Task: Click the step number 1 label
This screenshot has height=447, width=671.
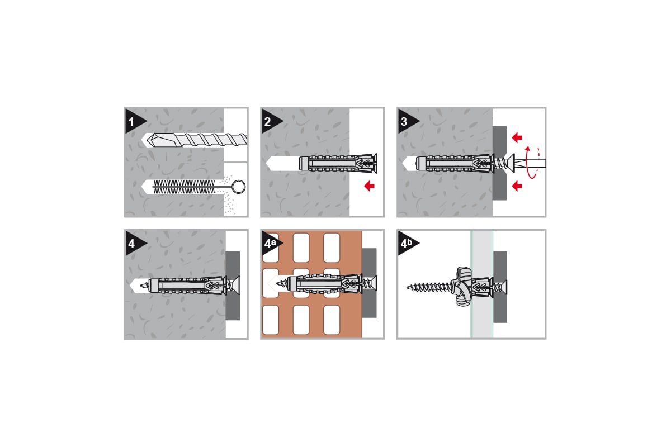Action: point(131,122)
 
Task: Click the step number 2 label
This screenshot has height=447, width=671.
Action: point(267,122)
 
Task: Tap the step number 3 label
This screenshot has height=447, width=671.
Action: point(404,122)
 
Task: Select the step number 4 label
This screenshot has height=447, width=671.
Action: point(131,244)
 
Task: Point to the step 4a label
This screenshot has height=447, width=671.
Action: point(270,243)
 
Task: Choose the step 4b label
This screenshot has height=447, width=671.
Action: point(407,243)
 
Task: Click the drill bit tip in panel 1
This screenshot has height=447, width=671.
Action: point(149,140)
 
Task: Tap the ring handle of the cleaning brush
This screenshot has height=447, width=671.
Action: point(239,187)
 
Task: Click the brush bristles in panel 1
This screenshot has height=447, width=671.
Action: point(184,187)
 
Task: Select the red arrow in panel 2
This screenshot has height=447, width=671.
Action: point(370,186)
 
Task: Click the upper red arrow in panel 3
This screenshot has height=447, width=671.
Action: point(517,137)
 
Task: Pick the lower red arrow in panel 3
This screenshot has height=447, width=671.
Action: point(517,186)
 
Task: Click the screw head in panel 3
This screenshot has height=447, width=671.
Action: point(510,163)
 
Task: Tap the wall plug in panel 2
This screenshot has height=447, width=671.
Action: point(338,164)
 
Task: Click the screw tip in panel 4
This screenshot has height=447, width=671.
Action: point(142,286)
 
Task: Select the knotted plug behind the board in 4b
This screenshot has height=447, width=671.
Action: point(463,287)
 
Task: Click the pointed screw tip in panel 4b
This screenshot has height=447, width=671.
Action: point(408,287)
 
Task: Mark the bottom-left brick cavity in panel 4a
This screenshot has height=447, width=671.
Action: point(271,320)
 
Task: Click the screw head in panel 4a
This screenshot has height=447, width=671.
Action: point(372,284)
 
